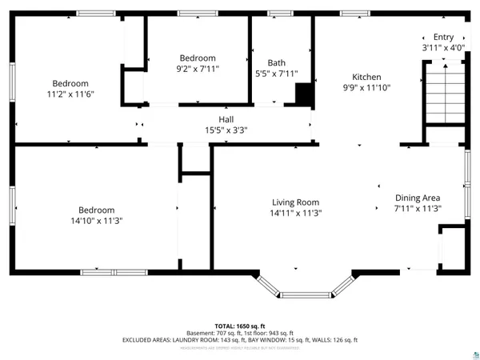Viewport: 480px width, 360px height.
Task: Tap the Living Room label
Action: [295, 202]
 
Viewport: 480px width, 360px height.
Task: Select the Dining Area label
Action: [418, 198]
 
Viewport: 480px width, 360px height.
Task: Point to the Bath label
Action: [276, 62]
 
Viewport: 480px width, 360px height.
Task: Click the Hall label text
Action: [226, 118]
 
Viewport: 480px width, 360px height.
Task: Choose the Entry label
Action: [443, 37]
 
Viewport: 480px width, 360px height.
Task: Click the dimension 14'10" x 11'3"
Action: [95, 220]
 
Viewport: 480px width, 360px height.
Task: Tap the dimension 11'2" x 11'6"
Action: [70, 94]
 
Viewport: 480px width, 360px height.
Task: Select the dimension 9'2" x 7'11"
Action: [197, 69]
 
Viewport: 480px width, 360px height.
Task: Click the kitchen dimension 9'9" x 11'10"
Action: [366, 88]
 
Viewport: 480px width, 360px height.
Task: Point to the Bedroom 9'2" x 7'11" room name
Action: [197, 58]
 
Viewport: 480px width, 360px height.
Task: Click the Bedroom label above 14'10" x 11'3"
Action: [95, 210]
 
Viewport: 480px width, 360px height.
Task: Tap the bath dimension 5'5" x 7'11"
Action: [276, 74]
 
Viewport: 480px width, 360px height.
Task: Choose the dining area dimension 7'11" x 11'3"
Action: [418, 208]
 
